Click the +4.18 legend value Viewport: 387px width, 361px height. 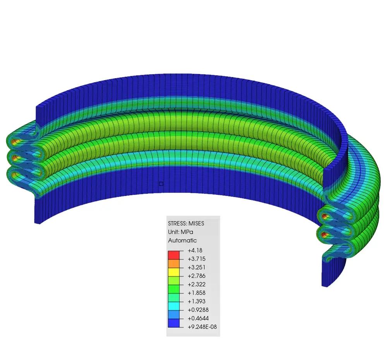195,251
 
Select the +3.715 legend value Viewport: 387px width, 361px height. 197,259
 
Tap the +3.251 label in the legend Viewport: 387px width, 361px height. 197,268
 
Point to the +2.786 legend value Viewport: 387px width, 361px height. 197,276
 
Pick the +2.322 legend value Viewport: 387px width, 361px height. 197,284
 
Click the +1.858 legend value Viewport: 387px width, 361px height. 197,293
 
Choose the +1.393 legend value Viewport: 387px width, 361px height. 197,301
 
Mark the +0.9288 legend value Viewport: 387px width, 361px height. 198,310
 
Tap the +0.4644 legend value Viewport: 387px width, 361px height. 198,318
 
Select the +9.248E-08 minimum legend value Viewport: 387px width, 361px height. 202,327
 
